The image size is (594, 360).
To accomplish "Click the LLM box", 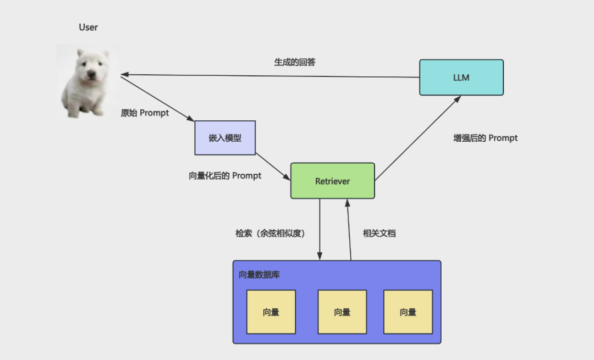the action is (461, 77).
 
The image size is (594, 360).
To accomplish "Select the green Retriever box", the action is (333, 181).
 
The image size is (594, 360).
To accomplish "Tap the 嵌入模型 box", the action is (225, 138).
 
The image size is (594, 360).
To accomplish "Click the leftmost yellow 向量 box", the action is (271, 312).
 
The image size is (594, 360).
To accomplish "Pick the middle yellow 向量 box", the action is (342, 312).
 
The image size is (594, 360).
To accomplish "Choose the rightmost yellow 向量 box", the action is (408, 312).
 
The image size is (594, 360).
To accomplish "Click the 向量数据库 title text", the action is (259, 275).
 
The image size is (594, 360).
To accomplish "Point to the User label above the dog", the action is (88, 27).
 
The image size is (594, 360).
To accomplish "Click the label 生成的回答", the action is (295, 62).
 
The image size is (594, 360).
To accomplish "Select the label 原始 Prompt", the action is (145, 113).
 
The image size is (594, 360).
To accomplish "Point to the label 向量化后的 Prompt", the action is (225, 176).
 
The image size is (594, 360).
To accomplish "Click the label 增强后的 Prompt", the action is (485, 138).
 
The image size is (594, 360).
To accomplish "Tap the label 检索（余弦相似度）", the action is (271, 233).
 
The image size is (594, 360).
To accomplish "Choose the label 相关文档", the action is (379, 233).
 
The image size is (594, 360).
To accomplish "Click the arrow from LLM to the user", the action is (270, 76).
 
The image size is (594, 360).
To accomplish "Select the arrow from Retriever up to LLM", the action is (418, 138).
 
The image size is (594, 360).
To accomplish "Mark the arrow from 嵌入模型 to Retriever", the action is (273, 167).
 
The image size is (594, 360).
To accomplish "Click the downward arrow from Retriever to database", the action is (320, 229).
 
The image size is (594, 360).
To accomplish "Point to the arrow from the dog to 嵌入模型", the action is (158, 99).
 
